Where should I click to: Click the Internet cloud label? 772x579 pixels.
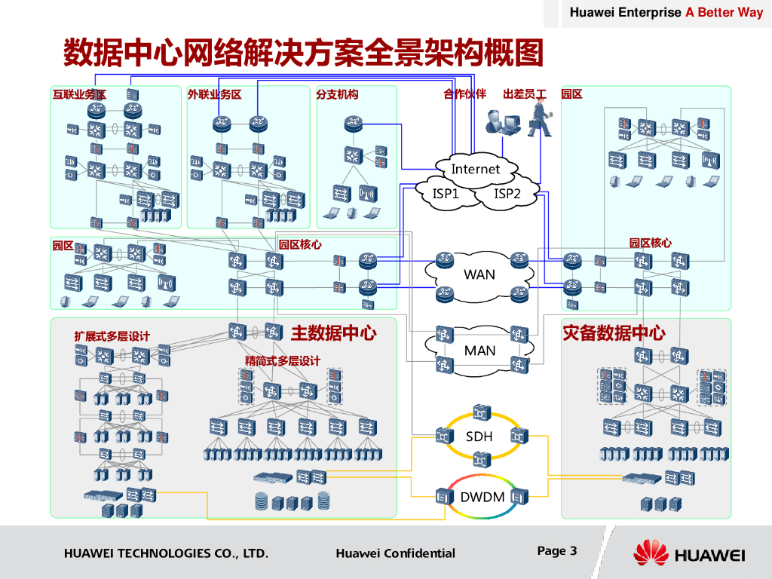(x=475, y=169)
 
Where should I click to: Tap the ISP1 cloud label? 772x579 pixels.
(x=446, y=194)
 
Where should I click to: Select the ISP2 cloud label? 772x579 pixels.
(x=507, y=194)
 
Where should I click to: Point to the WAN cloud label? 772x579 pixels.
(x=479, y=274)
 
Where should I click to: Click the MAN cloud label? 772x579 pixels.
(x=479, y=350)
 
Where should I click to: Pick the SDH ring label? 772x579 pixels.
(x=479, y=436)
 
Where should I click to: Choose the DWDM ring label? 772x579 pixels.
(x=482, y=497)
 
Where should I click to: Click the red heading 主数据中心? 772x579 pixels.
(x=333, y=332)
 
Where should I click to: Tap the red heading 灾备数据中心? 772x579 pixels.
(x=614, y=332)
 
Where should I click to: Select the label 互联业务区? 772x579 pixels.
(x=79, y=94)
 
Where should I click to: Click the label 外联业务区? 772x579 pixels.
(x=214, y=94)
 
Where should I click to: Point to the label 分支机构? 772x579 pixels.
(x=337, y=94)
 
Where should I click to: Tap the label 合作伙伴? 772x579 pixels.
(x=464, y=94)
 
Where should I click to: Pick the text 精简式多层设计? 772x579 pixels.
(x=283, y=360)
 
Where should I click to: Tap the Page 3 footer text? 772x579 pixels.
(x=557, y=551)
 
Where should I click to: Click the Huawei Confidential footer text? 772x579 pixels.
(x=395, y=553)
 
